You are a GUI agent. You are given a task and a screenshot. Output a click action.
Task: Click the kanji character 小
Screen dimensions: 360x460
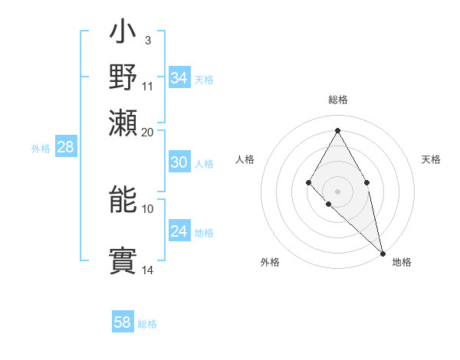tap(123, 35)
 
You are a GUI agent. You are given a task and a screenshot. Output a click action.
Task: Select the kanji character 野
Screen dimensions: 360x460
tap(123, 79)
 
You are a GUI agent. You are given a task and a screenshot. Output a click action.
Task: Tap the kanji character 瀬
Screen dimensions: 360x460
tap(123, 123)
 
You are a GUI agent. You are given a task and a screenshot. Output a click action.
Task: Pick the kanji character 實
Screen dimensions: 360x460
tap(123, 260)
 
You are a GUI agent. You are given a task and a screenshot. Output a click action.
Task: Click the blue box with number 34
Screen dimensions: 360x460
tap(179, 78)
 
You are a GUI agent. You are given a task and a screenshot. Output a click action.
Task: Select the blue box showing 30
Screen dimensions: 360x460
tap(179, 162)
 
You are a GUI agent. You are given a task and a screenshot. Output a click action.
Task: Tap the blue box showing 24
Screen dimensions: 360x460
tap(179, 232)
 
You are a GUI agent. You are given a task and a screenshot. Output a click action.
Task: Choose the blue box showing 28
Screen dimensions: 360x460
tap(65, 148)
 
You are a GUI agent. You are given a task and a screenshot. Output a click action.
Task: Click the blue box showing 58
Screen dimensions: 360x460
tap(123, 322)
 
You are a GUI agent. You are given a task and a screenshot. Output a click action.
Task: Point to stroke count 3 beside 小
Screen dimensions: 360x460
tap(147, 40)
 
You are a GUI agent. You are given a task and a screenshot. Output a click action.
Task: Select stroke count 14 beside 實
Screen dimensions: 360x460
tap(148, 270)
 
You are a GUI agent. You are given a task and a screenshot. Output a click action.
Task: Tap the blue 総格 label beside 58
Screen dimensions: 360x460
tap(147, 324)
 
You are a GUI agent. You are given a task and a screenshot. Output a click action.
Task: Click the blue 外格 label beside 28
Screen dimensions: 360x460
tap(41, 149)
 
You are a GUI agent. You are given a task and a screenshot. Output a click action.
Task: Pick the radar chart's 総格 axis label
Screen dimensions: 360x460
tap(337, 100)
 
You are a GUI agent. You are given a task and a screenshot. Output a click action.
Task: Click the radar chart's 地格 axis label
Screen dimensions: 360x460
tap(402, 262)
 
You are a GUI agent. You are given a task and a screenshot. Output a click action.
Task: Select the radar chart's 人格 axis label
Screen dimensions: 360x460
tap(245, 159)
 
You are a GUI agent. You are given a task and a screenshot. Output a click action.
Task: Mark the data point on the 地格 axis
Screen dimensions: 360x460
tap(383, 253)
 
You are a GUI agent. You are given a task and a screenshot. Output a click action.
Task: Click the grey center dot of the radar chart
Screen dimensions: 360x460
tap(337, 191)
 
